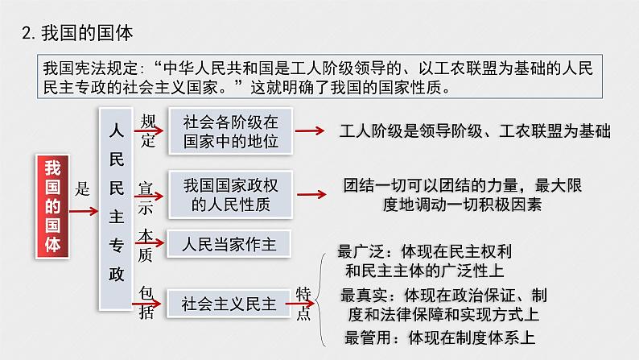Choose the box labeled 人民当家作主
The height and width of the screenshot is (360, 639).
(230, 242)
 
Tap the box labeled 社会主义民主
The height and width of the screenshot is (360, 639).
(229, 304)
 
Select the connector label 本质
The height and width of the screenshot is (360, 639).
(146, 242)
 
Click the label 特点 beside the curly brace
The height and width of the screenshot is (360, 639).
(303, 303)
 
